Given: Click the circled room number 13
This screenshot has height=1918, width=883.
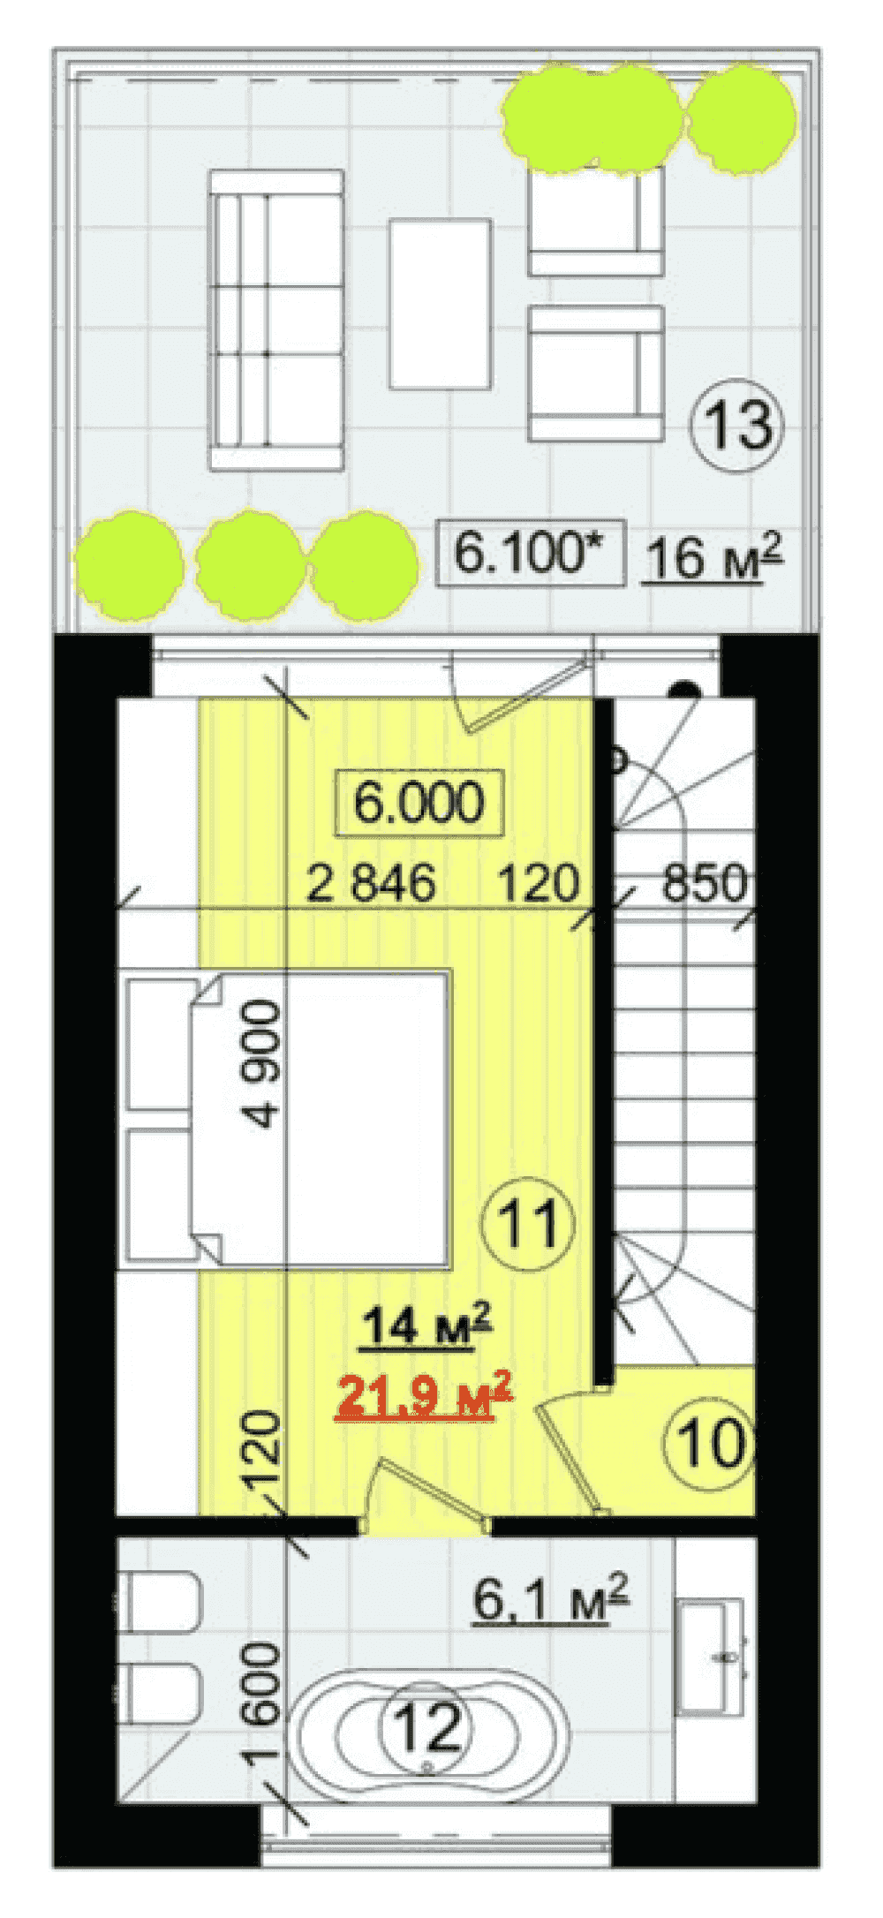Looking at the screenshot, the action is tap(736, 426).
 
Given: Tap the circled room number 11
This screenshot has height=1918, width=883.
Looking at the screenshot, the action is tap(527, 1224).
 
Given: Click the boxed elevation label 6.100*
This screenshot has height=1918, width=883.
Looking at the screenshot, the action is tap(530, 553).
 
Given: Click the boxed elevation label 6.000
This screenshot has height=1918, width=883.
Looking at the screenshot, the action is tap(419, 803).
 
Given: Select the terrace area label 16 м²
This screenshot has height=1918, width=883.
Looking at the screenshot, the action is tap(713, 557).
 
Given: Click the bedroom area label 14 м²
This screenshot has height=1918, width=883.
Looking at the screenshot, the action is tap(426, 1325).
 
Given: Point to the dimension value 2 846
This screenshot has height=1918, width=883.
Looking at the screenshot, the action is tap(371, 883).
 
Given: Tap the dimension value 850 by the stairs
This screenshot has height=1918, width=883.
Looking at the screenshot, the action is tap(704, 883).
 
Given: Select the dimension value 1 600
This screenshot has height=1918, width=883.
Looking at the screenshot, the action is tap(263, 1704).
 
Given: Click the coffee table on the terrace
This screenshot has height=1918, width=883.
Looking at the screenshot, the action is tap(440, 304).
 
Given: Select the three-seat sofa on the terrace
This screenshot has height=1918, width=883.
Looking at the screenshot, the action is tap(276, 320).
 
